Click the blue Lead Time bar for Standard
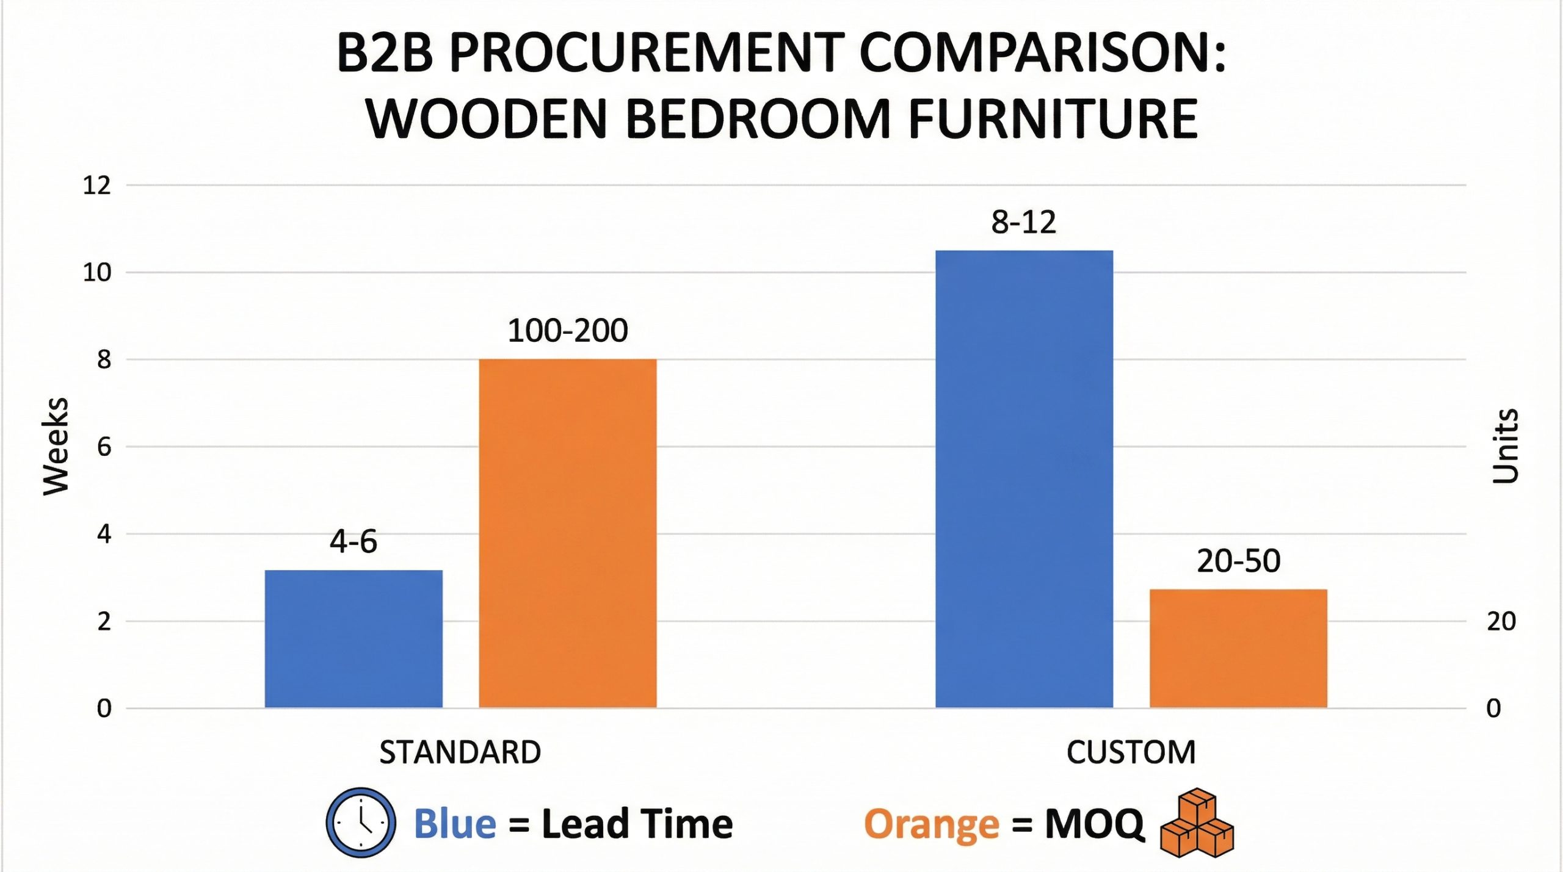pos(354,638)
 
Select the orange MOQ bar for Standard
pos(567,533)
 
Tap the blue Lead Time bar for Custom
pos(1024,479)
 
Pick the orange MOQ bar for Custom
pos(1238,648)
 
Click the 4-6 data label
pos(354,541)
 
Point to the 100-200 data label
pos(567,331)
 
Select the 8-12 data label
pos(1024,222)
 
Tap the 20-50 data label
pos(1238,561)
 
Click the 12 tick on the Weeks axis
pos(97,186)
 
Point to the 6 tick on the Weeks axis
pos(104,447)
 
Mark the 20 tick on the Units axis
pos(1501,622)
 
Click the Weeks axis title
pos(56,446)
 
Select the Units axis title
pos(1505,446)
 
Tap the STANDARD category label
pos(460,752)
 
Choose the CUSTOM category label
pos(1131,752)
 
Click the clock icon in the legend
pos(360,822)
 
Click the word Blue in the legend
pos(455,824)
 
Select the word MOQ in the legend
pos(1094,824)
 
